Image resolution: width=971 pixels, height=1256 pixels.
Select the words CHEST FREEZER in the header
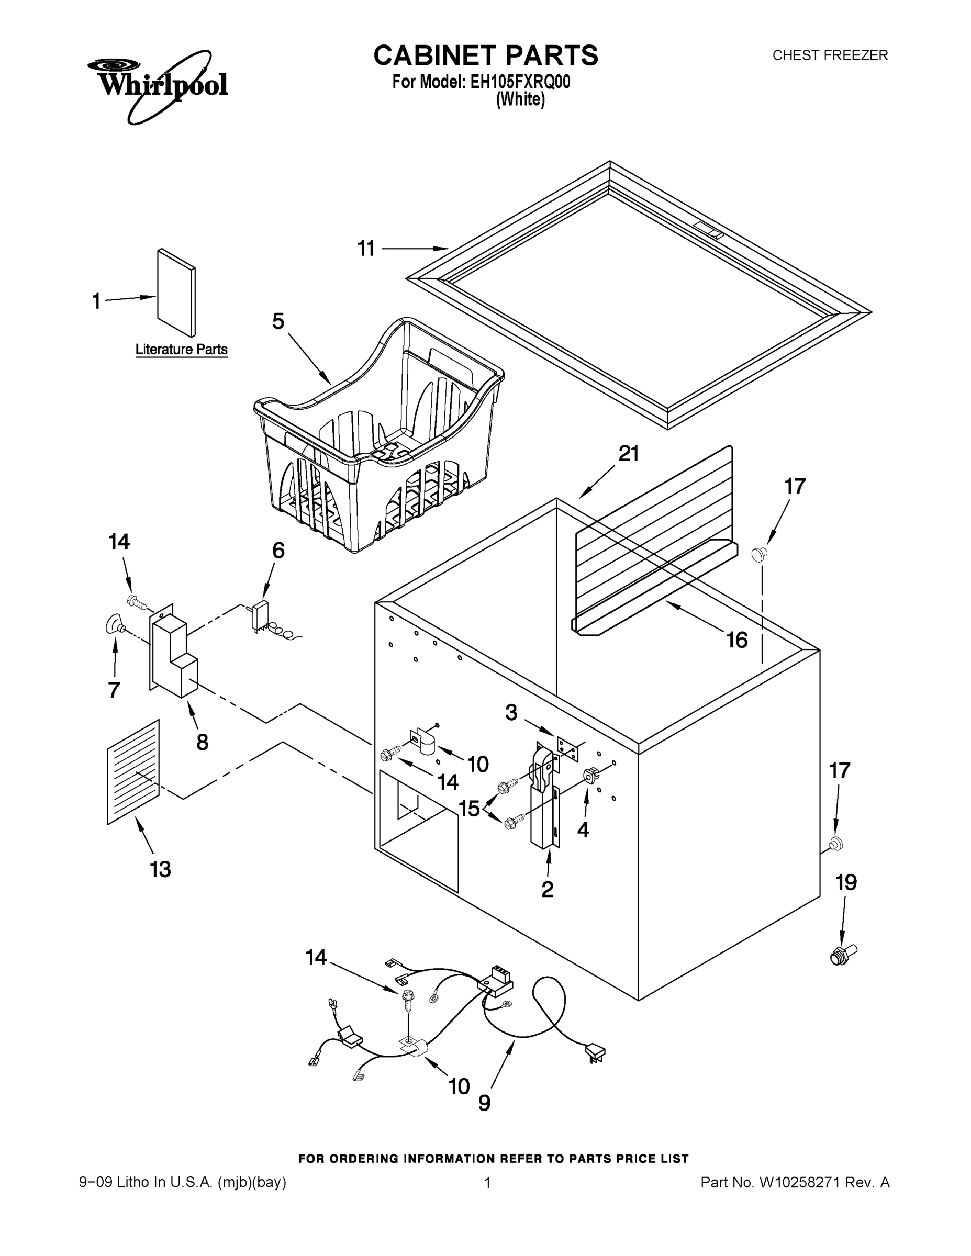(830, 55)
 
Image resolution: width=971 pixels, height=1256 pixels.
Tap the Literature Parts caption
(181, 349)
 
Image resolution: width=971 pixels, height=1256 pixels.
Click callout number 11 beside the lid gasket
(366, 249)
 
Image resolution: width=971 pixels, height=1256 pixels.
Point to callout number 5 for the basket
(278, 321)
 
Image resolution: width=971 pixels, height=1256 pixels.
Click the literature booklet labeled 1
(176, 293)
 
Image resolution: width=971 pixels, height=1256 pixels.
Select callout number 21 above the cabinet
(628, 454)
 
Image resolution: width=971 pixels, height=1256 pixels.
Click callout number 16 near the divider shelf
(737, 640)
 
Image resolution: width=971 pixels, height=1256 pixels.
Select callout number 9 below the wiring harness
(484, 1103)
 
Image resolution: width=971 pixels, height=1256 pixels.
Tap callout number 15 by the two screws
(470, 809)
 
